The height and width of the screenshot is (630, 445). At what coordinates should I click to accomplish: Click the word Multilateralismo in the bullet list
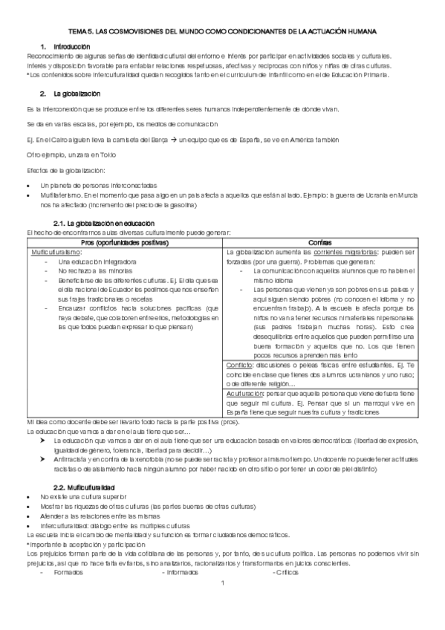pyautogui.click(x=65, y=195)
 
